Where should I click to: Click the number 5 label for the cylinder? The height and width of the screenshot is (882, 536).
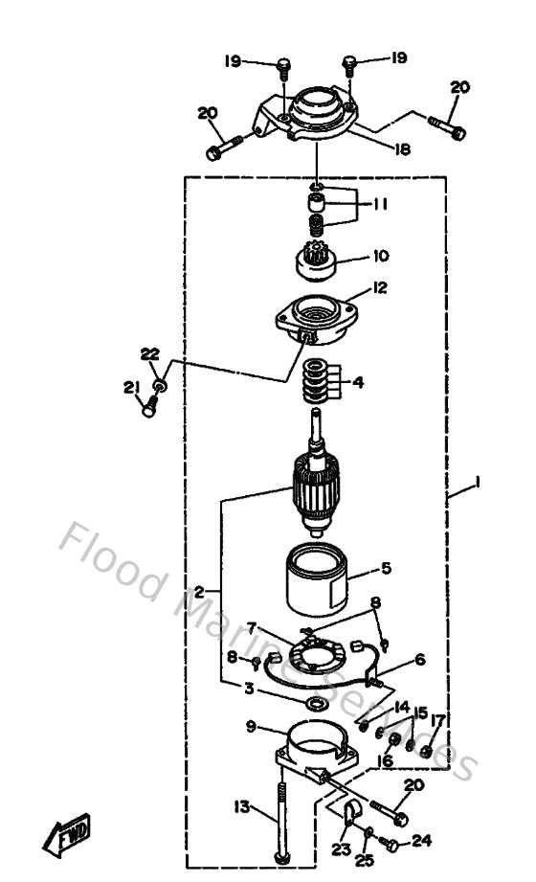point(386,568)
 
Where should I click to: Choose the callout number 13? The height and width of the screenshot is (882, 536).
point(240,807)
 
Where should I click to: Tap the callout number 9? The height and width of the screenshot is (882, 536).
point(251,727)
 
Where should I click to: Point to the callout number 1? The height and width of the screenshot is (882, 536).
point(476,485)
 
